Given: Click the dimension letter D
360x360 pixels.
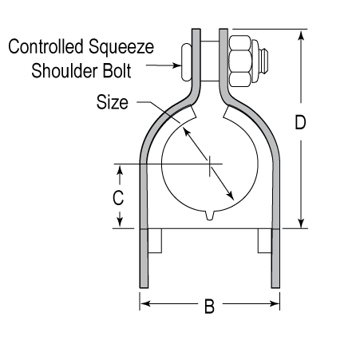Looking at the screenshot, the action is [x=300, y=122].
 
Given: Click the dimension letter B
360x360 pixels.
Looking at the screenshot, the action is [x=209, y=307].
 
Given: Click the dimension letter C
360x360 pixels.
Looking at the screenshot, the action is [x=118, y=198].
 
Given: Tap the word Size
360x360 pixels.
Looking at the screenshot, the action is [x=113, y=102].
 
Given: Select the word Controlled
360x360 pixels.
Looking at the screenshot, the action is [x=45, y=46].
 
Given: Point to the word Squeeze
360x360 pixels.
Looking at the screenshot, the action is [x=121, y=48].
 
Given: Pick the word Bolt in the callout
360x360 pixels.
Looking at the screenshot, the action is [x=117, y=70].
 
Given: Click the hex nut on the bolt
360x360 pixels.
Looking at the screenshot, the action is [x=239, y=61].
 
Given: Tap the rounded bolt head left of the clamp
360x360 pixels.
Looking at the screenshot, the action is [x=186, y=62].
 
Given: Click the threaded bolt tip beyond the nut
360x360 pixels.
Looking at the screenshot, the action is [x=263, y=61].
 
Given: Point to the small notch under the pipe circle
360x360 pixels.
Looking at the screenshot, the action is [x=210, y=216].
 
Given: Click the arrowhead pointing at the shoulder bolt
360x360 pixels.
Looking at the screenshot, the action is [x=177, y=65].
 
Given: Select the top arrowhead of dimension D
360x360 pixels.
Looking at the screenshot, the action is [x=301, y=36].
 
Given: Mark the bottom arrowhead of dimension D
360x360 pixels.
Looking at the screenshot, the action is [x=301, y=223].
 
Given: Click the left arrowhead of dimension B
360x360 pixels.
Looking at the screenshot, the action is [x=145, y=303].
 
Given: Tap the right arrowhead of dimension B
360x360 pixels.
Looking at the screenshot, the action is [x=275, y=303].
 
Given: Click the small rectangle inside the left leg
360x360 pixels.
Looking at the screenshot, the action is [x=155, y=240].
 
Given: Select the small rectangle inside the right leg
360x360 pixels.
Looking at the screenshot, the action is [x=265, y=240].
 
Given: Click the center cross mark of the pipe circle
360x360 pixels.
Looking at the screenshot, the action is [x=210, y=164].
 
